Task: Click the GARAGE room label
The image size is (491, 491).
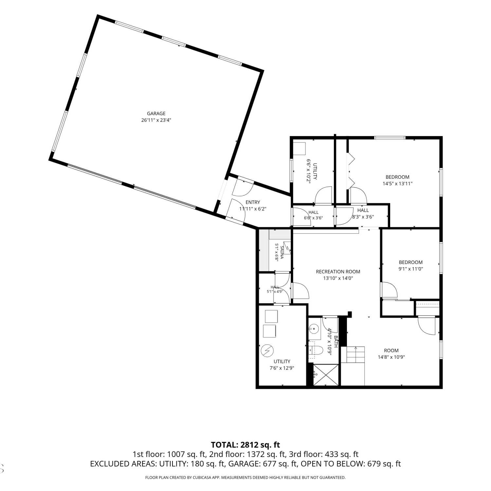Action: pyautogui.click(x=156, y=114)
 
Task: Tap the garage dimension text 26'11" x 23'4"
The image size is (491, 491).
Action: pyautogui.click(x=156, y=120)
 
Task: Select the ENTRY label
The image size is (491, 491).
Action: pyautogui.click(x=253, y=202)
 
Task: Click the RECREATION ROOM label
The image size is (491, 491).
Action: pyautogui.click(x=338, y=272)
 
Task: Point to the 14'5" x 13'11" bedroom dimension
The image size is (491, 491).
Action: pyautogui.click(x=397, y=184)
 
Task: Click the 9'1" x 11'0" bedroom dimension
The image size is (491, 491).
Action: pyautogui.click(x=410, y=269)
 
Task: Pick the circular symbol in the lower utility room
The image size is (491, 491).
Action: pyautogui.click(x=266, y=351)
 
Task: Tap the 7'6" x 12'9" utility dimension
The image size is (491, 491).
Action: pyautogui.click(x=282, y=368)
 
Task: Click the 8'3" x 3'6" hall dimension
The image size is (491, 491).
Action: pyautogui.click(x=363, y=217)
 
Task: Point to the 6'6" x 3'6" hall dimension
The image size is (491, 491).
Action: pyautogui.click(x=313, y=218)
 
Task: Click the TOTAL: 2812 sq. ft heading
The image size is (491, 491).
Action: pyautogui.click(x=245, y=445)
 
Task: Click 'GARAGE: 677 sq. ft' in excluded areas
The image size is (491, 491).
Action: pyautogui.click(x=263, y=464)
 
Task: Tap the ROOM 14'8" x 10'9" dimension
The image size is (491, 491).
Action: pyautogui.click(x=391, y=357)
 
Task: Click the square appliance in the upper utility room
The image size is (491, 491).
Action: pyautogui.click(x=299, y=149)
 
